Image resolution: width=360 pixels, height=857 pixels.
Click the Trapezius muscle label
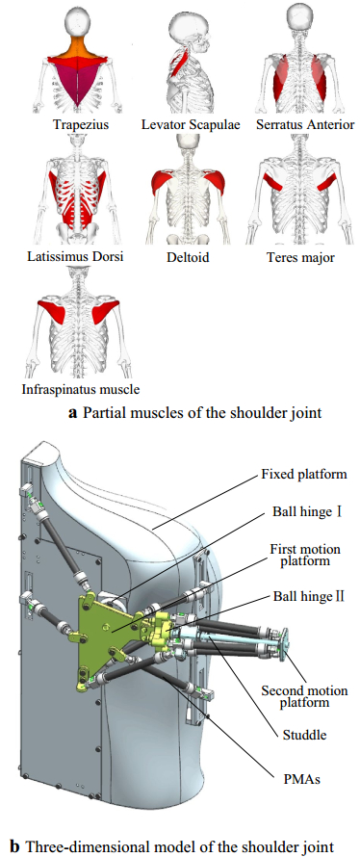point(80,124)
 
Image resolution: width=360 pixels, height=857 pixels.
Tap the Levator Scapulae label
point(191,124)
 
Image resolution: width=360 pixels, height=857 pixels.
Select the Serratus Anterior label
point(305,124)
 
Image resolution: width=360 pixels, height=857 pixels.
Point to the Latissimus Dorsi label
point(75,256)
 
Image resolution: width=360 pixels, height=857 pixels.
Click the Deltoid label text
point(188,257)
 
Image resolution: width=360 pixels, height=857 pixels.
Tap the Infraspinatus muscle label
point(81,390)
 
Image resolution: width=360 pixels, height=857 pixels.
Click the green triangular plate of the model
point(108,629)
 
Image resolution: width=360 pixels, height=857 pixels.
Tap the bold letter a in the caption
point(72,414)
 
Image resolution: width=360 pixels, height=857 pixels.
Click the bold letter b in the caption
point(14,847)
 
